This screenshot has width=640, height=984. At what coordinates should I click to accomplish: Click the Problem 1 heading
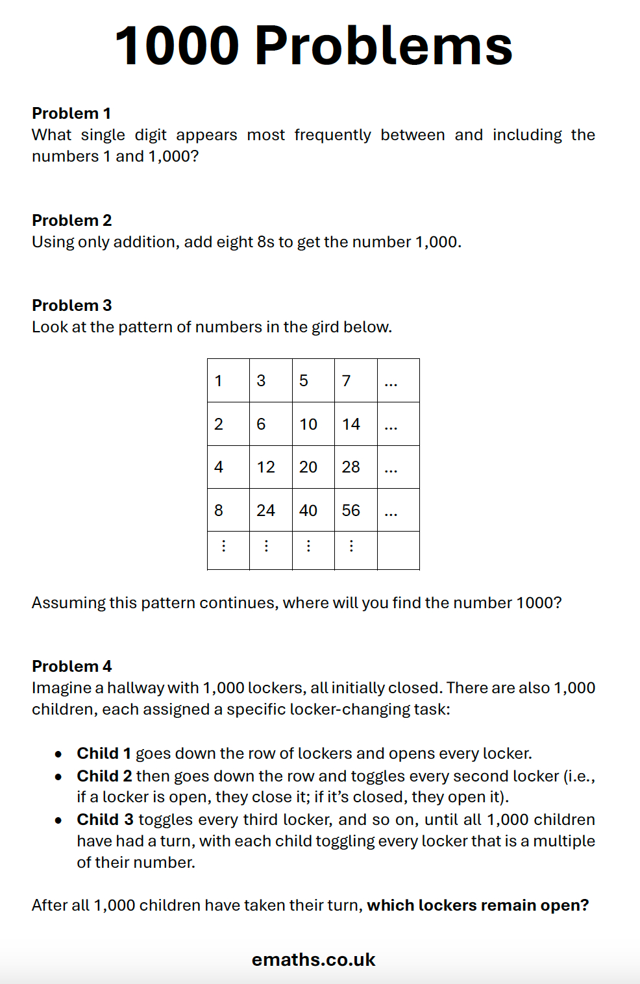coord(71,114)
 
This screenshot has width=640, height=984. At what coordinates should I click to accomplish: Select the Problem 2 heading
coord(71,221)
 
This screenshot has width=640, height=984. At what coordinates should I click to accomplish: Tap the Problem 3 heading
coord(71,306)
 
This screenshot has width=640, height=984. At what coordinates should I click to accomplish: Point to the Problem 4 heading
coord(71,667)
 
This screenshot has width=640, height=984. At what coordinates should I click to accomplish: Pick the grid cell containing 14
coord(355,424)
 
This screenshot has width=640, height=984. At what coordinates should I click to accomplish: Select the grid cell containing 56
coord(355,510)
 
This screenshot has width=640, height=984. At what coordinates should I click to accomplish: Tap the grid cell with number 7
coord(355,380)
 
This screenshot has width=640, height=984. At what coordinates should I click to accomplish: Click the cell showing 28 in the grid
coord(355,467)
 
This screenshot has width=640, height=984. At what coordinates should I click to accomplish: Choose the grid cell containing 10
coord(313,424)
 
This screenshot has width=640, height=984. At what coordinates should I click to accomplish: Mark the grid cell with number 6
coord(270,424)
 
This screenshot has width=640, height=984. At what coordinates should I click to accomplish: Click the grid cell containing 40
coord(313,510)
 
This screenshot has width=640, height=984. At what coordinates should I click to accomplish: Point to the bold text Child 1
coord(104,754)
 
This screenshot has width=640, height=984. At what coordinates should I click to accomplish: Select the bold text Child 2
coord(105,776)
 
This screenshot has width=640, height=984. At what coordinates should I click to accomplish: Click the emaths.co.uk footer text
coord(314,960)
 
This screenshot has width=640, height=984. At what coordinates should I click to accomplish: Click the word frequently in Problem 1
coord(332,135)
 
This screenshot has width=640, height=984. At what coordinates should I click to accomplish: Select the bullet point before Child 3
coord(58,820)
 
